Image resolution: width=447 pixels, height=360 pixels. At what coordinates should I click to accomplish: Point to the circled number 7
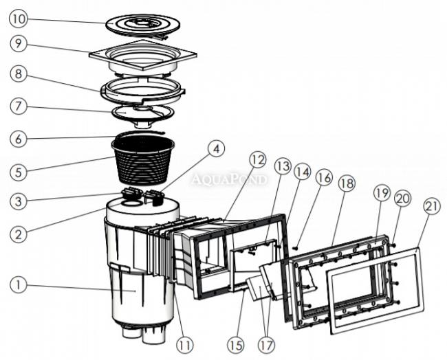click(x=19, y=107)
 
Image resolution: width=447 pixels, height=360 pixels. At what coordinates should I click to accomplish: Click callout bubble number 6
click(x=19, y=138)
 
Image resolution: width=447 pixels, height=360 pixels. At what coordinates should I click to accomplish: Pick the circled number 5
click(x=19, y=169)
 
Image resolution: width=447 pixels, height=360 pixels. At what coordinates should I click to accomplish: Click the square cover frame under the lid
click(x=143, y=59)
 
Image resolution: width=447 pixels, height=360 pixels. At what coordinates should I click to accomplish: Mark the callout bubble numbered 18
click(x=346, y=183)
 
